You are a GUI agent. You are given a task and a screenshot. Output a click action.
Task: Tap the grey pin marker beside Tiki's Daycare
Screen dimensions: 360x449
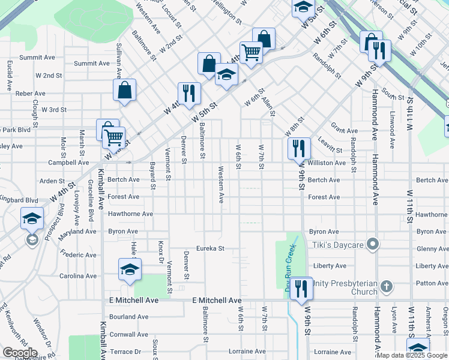[x=373, y=244]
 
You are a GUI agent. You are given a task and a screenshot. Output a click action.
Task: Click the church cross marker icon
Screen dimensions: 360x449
[x=387, y=286]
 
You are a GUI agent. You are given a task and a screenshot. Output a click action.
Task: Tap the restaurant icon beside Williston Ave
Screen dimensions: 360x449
[x=299, y=148]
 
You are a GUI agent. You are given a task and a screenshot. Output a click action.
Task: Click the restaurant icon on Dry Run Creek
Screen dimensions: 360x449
[x=302, y=287]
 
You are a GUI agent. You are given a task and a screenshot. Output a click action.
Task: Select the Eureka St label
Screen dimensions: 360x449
[x=211, y=248]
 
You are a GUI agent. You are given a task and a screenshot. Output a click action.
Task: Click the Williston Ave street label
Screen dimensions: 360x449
[x=327, y=163]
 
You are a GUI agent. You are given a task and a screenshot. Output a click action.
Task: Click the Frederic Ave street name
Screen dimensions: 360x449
[x=78, y=255]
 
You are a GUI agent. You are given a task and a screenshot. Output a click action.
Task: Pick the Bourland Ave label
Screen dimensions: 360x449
[x=128, y=317]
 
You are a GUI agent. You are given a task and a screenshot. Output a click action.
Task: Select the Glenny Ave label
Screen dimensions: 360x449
[x=432, y=249]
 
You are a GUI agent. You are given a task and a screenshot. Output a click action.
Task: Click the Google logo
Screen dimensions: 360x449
[x=20, y=353]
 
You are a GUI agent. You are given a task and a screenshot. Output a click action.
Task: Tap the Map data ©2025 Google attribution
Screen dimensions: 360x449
[x=412, y=355]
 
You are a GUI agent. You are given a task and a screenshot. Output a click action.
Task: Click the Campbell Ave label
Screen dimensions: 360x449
[x=68, y=163]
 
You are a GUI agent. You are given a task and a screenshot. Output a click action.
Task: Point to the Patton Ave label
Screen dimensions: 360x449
[x=432, y=283]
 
